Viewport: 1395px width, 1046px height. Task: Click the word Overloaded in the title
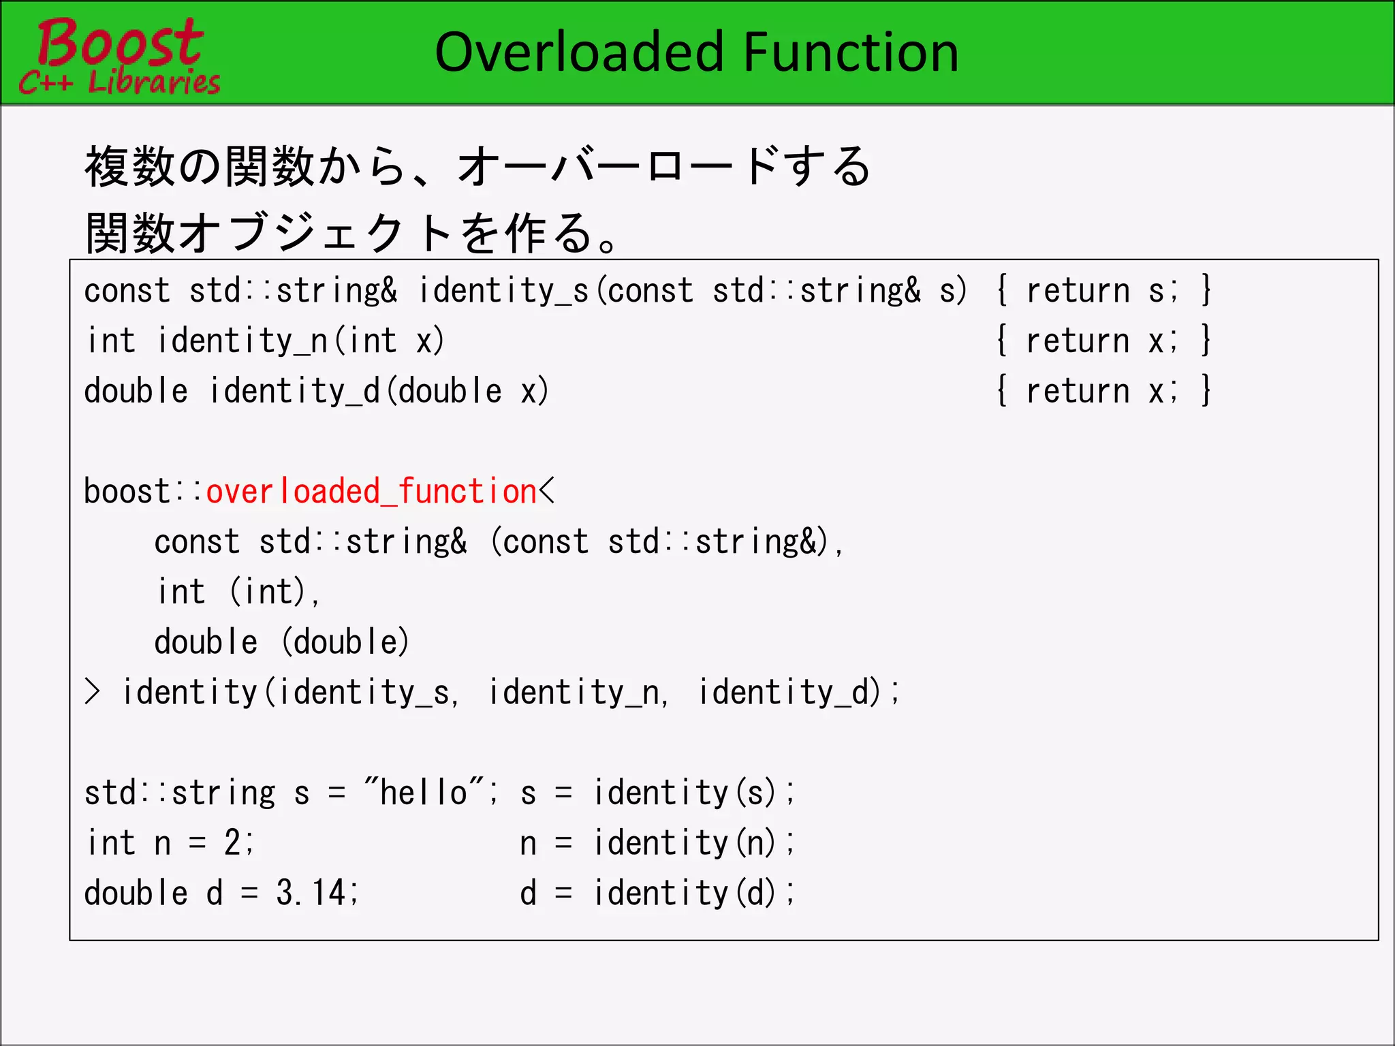coord(579,52)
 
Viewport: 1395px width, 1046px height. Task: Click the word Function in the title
coord(851,52)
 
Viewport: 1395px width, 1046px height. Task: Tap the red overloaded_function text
coord(371,492)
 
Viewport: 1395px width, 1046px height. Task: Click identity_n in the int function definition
coord(242,341)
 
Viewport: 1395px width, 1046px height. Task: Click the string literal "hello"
coord(424,793)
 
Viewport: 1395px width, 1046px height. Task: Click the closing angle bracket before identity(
coord(93,692)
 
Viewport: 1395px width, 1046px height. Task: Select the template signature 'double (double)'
coord(281,642)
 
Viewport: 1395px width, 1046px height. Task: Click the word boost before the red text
coord(127,492)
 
